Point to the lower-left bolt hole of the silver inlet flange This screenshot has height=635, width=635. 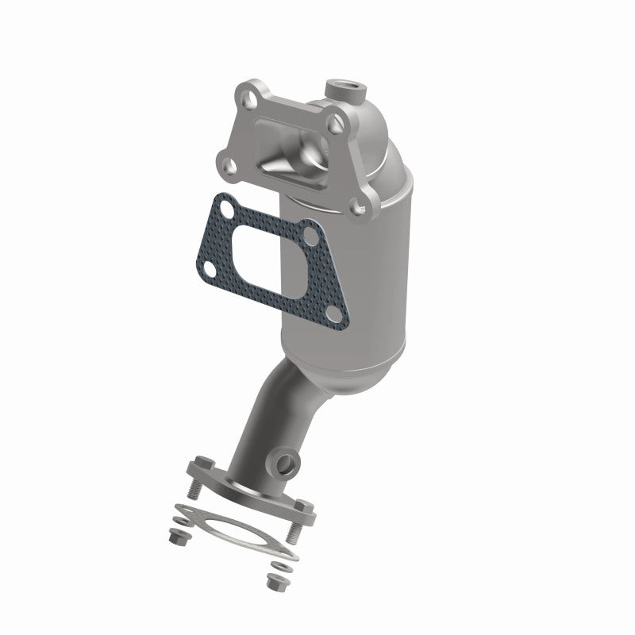[x=226, y=164]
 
